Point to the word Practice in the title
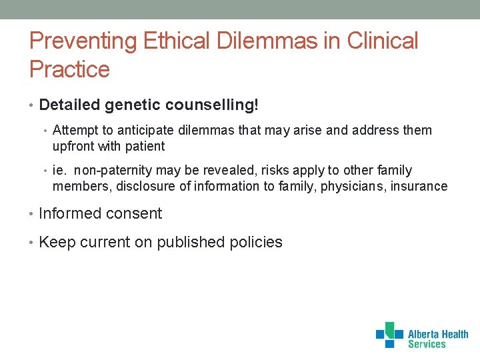(69, 69)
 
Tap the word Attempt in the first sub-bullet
(74, 131)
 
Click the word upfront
(74, 146)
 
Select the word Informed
(67, 214)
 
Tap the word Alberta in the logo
(426, 334)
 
